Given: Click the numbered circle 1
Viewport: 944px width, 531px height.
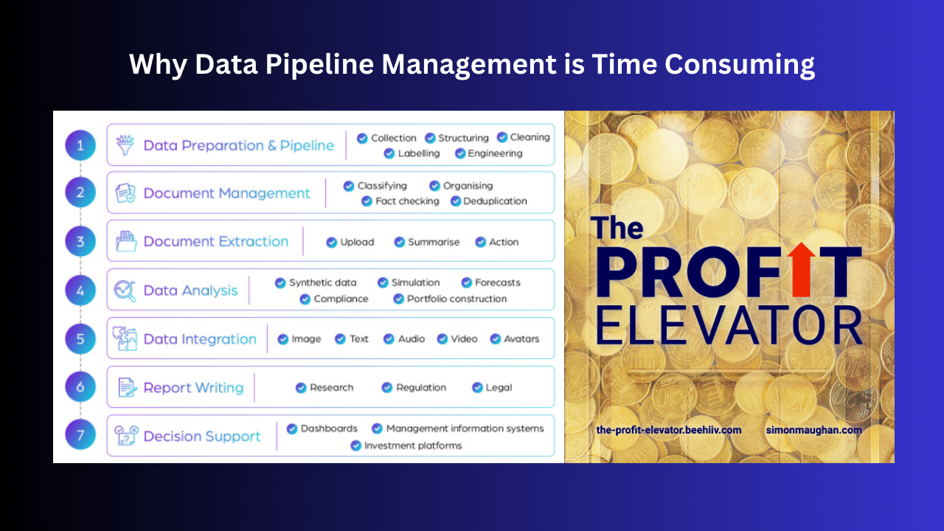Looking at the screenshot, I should [x=80, y=145].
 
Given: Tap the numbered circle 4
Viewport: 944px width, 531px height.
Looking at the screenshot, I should [x=80, y=291].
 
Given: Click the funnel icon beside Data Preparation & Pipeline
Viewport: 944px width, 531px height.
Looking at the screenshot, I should [x=125, y=145].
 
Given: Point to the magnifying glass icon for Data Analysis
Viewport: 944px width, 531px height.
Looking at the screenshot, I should [x=125, y=291].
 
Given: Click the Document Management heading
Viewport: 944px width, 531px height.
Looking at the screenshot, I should [x=226, y=193].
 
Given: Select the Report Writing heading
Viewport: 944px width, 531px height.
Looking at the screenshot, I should [x=193, y=388].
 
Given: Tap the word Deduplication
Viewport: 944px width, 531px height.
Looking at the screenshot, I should [x=495, y=201].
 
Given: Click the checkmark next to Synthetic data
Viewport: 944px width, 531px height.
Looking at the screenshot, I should [x=280, y=282].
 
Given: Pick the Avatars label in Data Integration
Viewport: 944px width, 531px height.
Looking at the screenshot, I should [x=521, y=339].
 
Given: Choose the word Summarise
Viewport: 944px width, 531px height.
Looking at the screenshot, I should [x=434, y=242].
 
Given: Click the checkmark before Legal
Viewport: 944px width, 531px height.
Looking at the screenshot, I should [x=477, y=388].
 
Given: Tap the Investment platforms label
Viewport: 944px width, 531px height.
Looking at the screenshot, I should [x=413, y=445].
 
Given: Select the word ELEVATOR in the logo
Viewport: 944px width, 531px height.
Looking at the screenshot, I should [x=729, y=324].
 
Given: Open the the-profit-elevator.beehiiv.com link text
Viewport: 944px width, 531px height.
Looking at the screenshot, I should [x=669, y=430].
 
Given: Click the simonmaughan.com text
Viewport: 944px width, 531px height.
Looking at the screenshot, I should [x=813, y=430].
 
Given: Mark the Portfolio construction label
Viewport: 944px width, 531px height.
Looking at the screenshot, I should [x=457, y=299].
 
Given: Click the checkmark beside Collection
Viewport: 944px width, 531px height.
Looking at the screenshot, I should [x=362, y=138].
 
